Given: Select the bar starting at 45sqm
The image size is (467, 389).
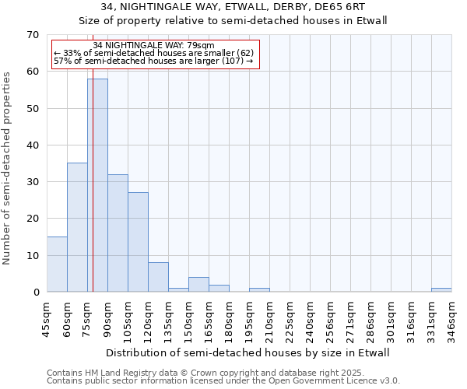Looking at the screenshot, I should coord(57,265).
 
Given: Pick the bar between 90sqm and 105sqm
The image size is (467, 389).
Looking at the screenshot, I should coord(118,233).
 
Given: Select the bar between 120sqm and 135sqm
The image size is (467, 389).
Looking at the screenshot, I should coord(158,277).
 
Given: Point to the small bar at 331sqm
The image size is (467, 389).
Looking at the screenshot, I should coord(441,289).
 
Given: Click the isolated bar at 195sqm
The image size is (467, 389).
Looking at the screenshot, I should coord(259,289).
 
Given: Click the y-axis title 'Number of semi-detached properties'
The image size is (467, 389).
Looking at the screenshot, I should coord(8,168).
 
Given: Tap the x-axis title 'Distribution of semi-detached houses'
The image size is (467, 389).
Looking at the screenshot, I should coord(247,352).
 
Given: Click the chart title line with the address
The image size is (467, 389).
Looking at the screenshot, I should coord(233,7).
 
